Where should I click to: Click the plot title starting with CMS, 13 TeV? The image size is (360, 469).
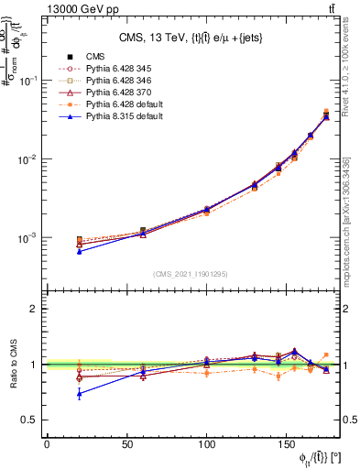tap(194, 38)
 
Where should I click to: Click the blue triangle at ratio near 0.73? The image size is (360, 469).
tap(79, 394)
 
